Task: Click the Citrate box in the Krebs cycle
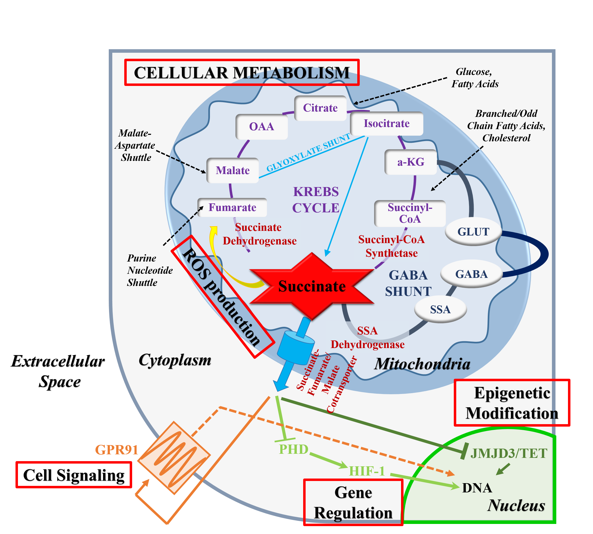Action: click(320, 108)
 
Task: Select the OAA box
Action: click(262, 127)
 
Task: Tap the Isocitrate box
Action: click(386, 123)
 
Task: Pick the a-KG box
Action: click(411, 162)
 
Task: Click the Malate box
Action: click(232, 170)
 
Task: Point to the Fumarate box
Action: click(232, 207)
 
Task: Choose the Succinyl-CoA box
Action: click(410, 213)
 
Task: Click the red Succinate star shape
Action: click(312, 286)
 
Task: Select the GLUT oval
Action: click(473, 232)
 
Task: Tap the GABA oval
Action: click(471, 274)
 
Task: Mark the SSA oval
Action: click(440, 309)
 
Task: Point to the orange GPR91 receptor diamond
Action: click(174, 458)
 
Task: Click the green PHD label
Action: click(293, 449)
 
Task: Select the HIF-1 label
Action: click(367, 471)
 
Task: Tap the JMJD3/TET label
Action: click(508, 453)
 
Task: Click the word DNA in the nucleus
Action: click(477, 488)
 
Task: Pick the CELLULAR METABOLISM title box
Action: click(242, 73)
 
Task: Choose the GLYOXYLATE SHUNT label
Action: click(308, 153)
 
